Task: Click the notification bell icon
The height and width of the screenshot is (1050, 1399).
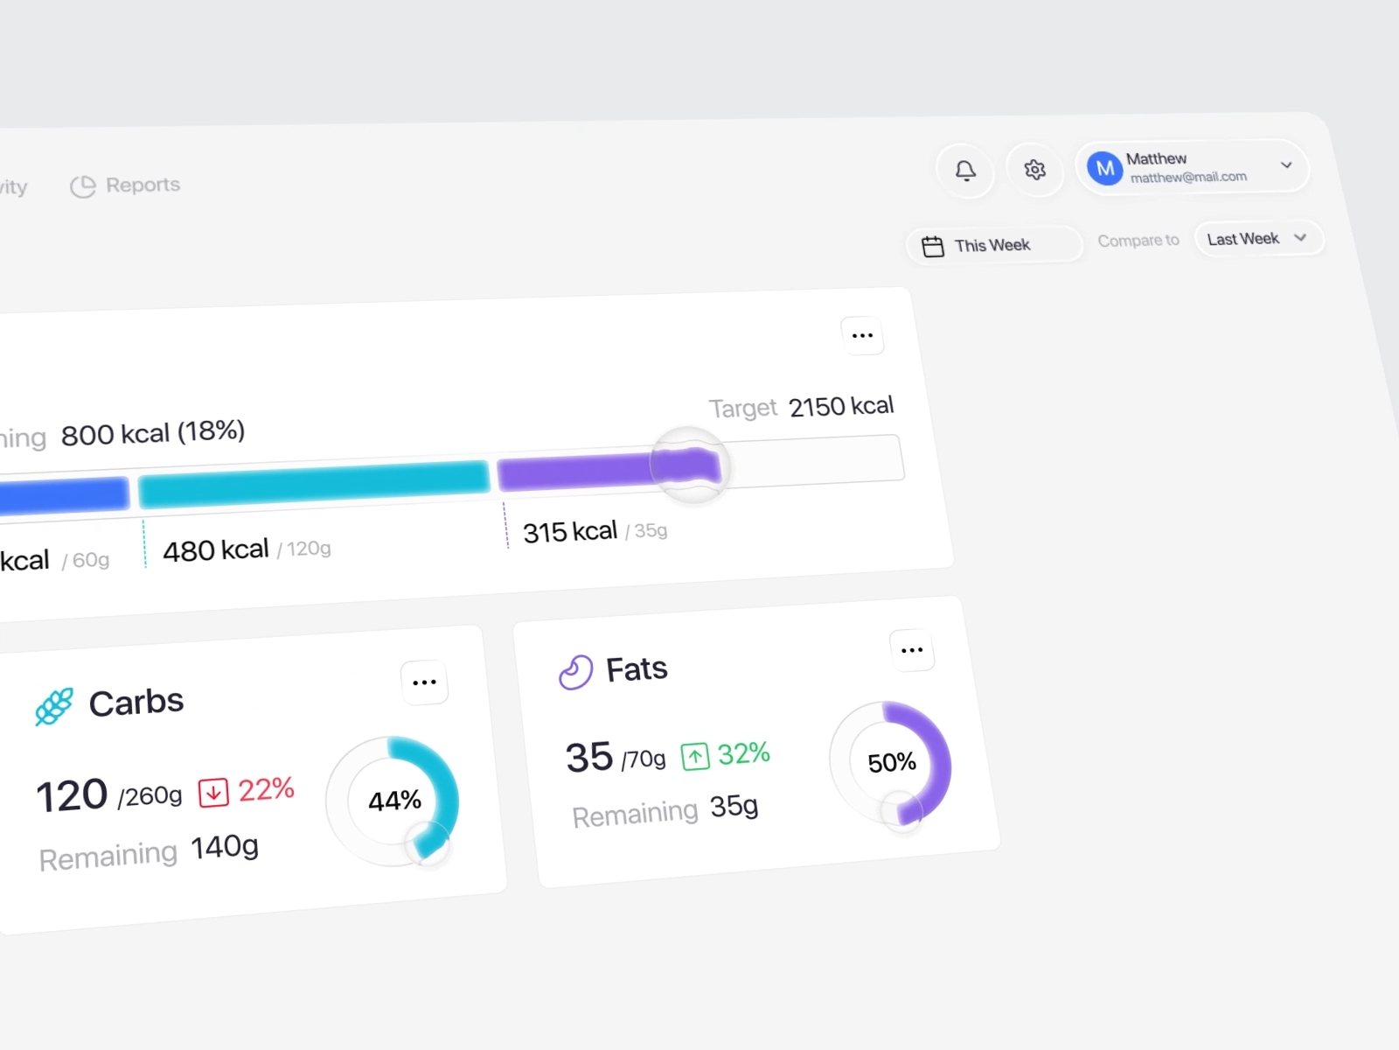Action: point(965,170)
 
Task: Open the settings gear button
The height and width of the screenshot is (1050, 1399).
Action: point(1035,169)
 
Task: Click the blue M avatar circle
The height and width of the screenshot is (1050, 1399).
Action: point(1105,168)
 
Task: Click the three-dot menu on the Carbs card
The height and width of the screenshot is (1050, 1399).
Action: point(424,682)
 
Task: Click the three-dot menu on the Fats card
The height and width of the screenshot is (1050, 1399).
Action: point(912,650)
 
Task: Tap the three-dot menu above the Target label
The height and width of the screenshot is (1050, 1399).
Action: point(862,336)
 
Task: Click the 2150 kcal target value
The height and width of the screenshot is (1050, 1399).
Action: point(841,406)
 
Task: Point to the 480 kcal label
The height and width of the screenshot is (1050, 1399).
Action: point(216,550)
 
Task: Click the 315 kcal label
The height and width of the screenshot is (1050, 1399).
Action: point(570,531)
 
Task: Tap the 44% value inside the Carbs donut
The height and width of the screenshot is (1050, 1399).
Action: point(394,801)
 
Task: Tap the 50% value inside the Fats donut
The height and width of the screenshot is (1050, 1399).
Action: point(892,762)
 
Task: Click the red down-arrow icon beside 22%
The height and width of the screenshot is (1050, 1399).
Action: point(213,793)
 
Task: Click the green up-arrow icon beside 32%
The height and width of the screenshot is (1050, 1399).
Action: point(695,756)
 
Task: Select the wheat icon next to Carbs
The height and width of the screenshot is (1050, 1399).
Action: point(54,707)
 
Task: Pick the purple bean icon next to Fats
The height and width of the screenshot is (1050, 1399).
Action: point(576,673)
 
